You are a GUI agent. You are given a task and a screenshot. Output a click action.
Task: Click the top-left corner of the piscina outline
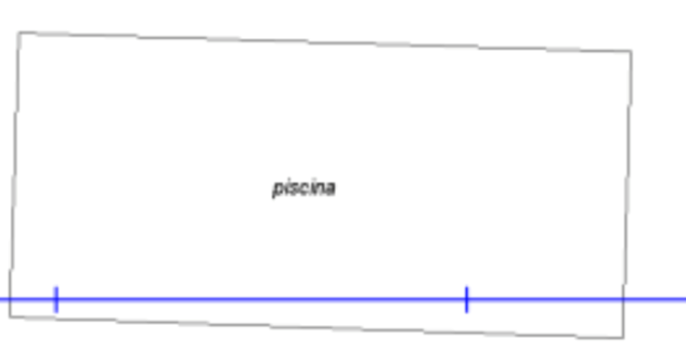click(19, 32)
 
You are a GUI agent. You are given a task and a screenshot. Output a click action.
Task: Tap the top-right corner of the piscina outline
click(631, 51)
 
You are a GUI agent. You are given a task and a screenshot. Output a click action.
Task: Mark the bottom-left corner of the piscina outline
click(10, 316)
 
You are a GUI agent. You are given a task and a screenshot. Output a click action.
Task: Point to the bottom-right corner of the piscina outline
click(623, 337)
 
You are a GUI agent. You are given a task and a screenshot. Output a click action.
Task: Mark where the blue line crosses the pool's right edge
click(624, 300)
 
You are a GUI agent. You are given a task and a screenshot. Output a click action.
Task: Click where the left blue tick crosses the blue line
click(56, 300)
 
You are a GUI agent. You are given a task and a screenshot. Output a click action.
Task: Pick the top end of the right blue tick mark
click(466, 287)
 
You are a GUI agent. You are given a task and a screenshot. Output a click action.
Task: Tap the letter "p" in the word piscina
click(277, 189)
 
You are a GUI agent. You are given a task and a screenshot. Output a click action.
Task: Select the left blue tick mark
click(56, 300)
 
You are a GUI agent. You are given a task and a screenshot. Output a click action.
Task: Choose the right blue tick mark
click(466, 300)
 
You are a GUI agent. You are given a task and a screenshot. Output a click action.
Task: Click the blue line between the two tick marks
click(261, 300)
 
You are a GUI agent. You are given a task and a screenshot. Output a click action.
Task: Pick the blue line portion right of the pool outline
click(655, 300)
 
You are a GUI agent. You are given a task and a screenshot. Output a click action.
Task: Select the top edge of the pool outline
click(324, 42)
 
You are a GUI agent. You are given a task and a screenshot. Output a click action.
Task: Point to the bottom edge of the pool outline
click(316, 327)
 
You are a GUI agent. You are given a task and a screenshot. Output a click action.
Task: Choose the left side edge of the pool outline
click(14, 174)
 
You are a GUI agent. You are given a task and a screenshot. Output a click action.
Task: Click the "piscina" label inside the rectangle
click(304, 188)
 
